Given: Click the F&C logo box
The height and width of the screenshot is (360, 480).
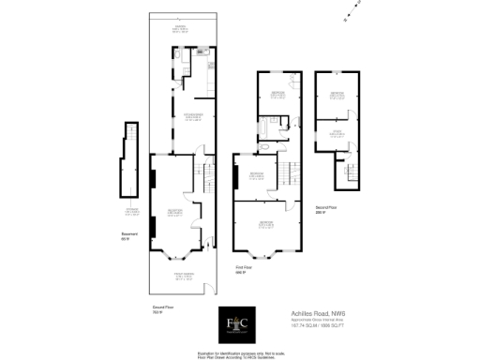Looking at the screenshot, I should pyautogui.click(x=239, y=325).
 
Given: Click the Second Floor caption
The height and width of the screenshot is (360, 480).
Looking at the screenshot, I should pyautogui.click(x=325, y=208).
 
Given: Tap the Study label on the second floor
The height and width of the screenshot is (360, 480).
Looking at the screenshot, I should pyautogui.click(x=336, y=134).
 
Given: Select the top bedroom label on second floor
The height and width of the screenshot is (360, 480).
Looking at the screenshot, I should pyautogui.click(x=337, y=95).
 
